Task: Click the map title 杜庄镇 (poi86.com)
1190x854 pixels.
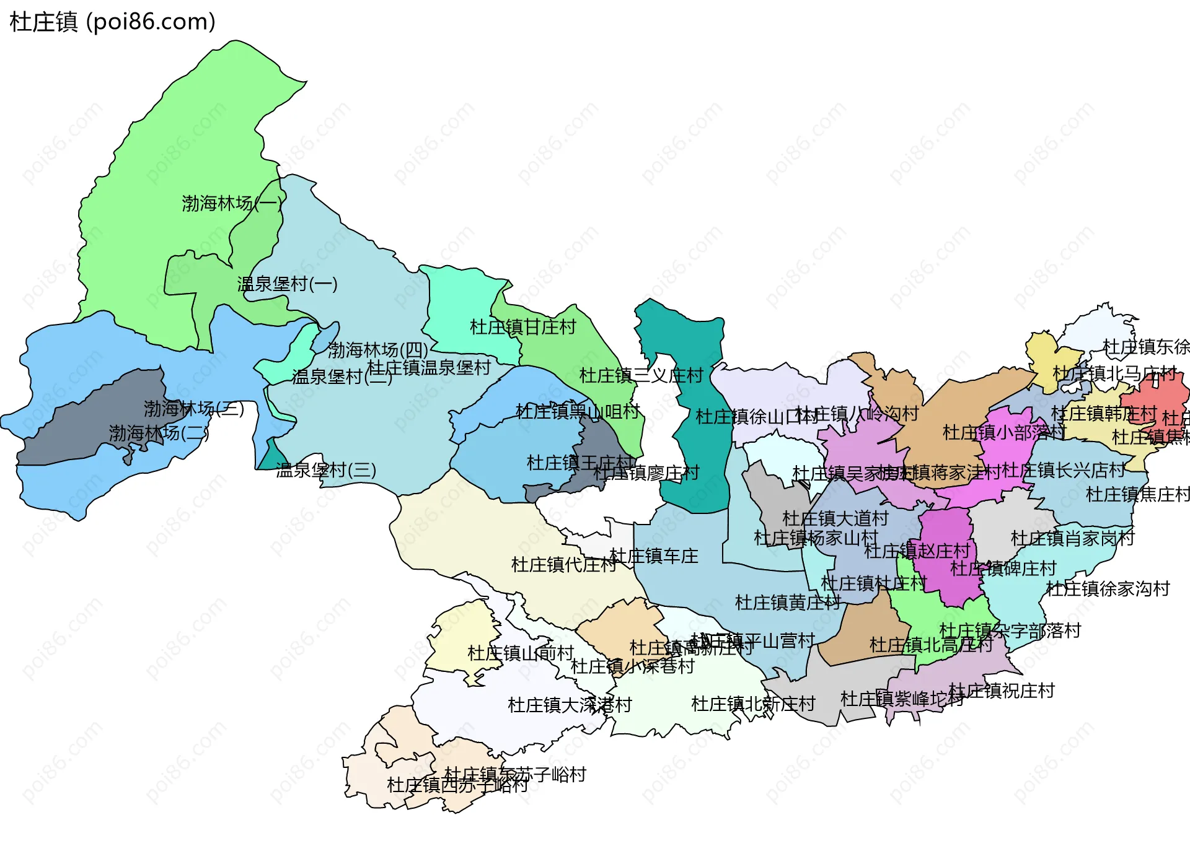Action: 113,22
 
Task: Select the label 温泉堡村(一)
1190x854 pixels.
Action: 287,284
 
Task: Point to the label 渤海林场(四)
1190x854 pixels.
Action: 377,350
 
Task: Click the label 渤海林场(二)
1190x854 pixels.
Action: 159,433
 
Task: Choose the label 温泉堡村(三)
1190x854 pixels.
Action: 326,470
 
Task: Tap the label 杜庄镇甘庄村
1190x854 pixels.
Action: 523,326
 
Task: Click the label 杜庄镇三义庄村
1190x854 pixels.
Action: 641,375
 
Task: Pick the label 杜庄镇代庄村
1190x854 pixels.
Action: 563,564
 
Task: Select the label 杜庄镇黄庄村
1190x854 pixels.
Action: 788,602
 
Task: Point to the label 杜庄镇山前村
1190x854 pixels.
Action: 521,653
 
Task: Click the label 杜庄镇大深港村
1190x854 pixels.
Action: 570,705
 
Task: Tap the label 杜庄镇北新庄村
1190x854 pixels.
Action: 753,704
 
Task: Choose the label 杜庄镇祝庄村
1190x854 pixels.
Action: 1002,691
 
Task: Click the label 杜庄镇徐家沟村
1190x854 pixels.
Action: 1108,588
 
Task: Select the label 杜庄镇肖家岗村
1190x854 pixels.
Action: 1072,538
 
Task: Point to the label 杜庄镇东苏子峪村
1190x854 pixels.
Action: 515,774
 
